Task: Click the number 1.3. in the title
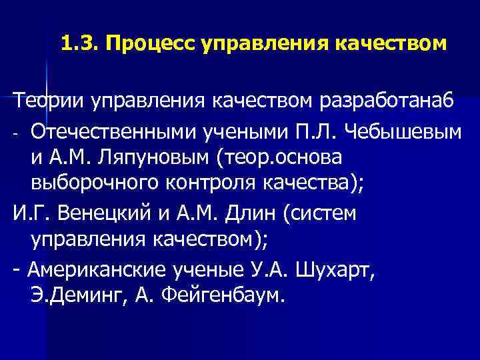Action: (x=79, y=45)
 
